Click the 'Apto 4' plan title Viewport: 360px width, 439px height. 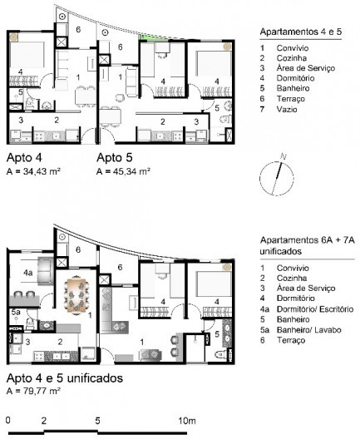25,156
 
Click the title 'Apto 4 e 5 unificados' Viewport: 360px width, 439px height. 65,377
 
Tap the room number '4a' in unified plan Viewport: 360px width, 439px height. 27,272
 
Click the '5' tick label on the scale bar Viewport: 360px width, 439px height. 98,420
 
